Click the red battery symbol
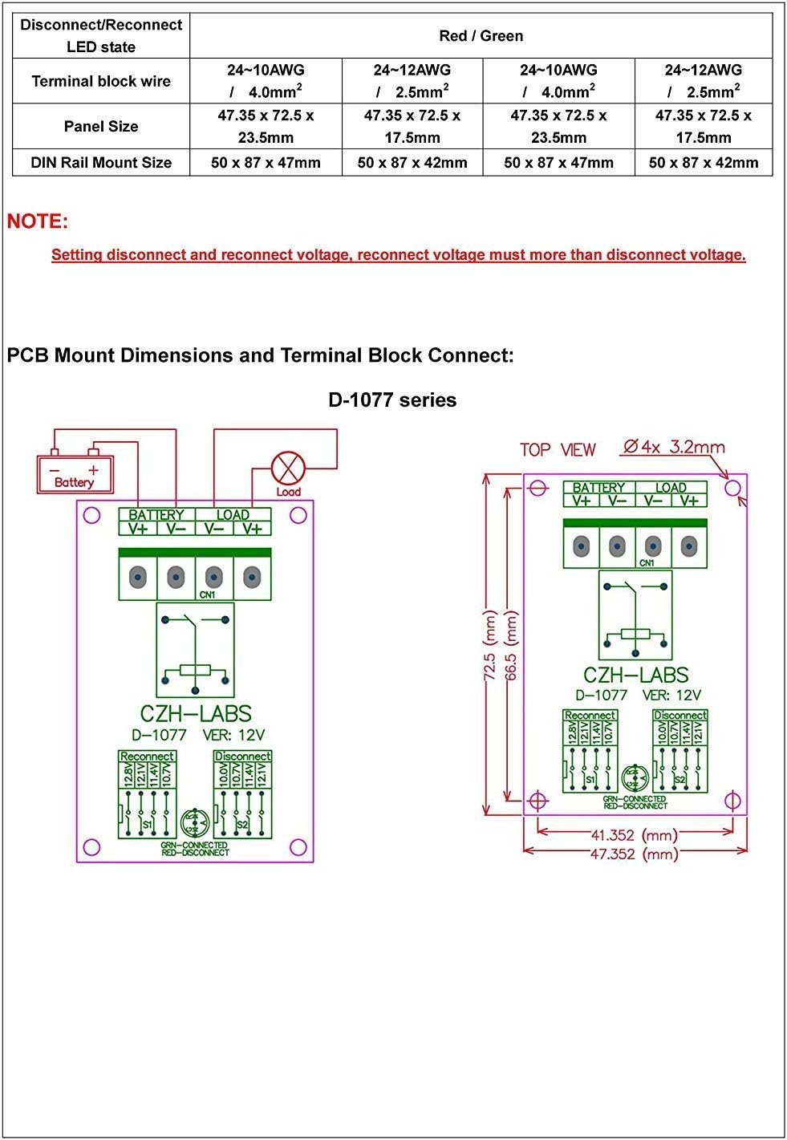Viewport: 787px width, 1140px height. [x=75, y=473]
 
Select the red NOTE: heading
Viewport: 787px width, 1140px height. [x=38, y=221]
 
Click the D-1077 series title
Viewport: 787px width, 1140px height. [x=392, y=400]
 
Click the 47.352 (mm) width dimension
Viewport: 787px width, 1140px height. [x=634, y=854]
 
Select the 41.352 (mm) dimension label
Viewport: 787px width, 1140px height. [x=634, y=835]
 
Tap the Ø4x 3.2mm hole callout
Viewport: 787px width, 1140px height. [x=673, y=447]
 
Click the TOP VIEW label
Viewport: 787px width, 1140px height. [x=558, y=449]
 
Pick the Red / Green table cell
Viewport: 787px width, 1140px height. [x=481, y=36]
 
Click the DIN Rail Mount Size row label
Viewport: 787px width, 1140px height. [x=101, y=163]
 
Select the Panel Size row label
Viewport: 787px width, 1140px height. [x=101, y=127]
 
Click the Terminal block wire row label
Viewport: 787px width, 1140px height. [x=101, y=81]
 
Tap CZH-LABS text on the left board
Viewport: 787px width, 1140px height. [x=195, y=713]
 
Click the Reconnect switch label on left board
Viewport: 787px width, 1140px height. [x=147, y=756]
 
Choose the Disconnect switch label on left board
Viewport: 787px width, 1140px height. [x=242, y=756]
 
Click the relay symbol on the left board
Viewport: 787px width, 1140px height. [x=195, y=650]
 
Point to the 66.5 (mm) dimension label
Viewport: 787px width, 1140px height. [x=511, y=645]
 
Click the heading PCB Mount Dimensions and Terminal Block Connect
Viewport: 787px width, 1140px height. [x=260, y=355]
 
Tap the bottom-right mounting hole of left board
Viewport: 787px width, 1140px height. [x=298, y=847]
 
